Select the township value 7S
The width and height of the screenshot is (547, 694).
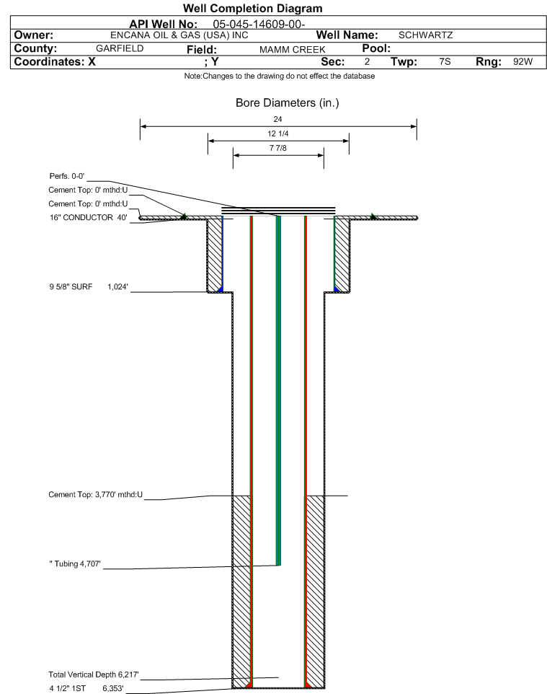pyautogui.click(x=445, y=62)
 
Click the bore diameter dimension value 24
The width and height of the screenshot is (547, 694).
pyautogui.click(x=278, y=120)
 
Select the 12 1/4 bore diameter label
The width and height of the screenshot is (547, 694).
pyautogui.click(x=278, y=134)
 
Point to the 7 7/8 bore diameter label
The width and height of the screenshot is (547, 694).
pyautogui.click(x=278, y=148)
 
